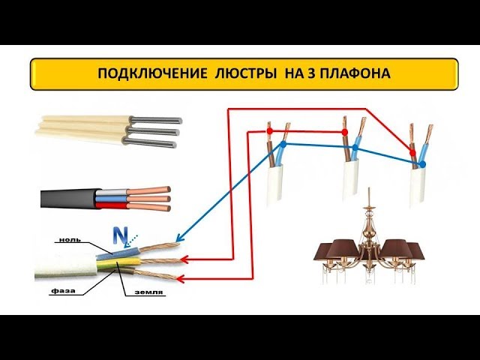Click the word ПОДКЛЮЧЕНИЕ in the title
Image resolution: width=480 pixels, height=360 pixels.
click(x=152, y=73)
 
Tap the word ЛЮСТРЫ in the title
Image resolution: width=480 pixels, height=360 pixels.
click(x=245, y=73)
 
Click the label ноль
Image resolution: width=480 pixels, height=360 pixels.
click(x=70, y=239)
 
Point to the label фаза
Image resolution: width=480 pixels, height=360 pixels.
click(x=63, y=290)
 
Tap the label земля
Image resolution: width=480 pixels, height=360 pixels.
click(x=148, y=292)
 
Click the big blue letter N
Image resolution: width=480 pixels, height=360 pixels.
click(x=120, y=236)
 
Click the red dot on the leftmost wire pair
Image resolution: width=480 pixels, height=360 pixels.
click(x=269, y=131)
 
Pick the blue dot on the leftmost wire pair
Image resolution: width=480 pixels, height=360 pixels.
click(x=283, y=144)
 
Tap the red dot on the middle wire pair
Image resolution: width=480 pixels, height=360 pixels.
click(x=345, y=132)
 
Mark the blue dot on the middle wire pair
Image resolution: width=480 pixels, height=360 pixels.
click(x=355, y=148)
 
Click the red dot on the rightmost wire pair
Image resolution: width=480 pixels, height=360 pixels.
click(x=412, y=152)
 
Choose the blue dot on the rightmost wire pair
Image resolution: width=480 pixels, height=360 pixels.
click(x=423, y=164)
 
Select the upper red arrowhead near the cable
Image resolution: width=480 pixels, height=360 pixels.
click(x=184, y=259)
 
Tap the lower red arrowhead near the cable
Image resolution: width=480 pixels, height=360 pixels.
click(x=181, y=278)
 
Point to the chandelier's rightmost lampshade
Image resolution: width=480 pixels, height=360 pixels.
click(x=416, y=252)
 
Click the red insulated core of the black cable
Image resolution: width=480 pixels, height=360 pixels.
click(x=114, y=205)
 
